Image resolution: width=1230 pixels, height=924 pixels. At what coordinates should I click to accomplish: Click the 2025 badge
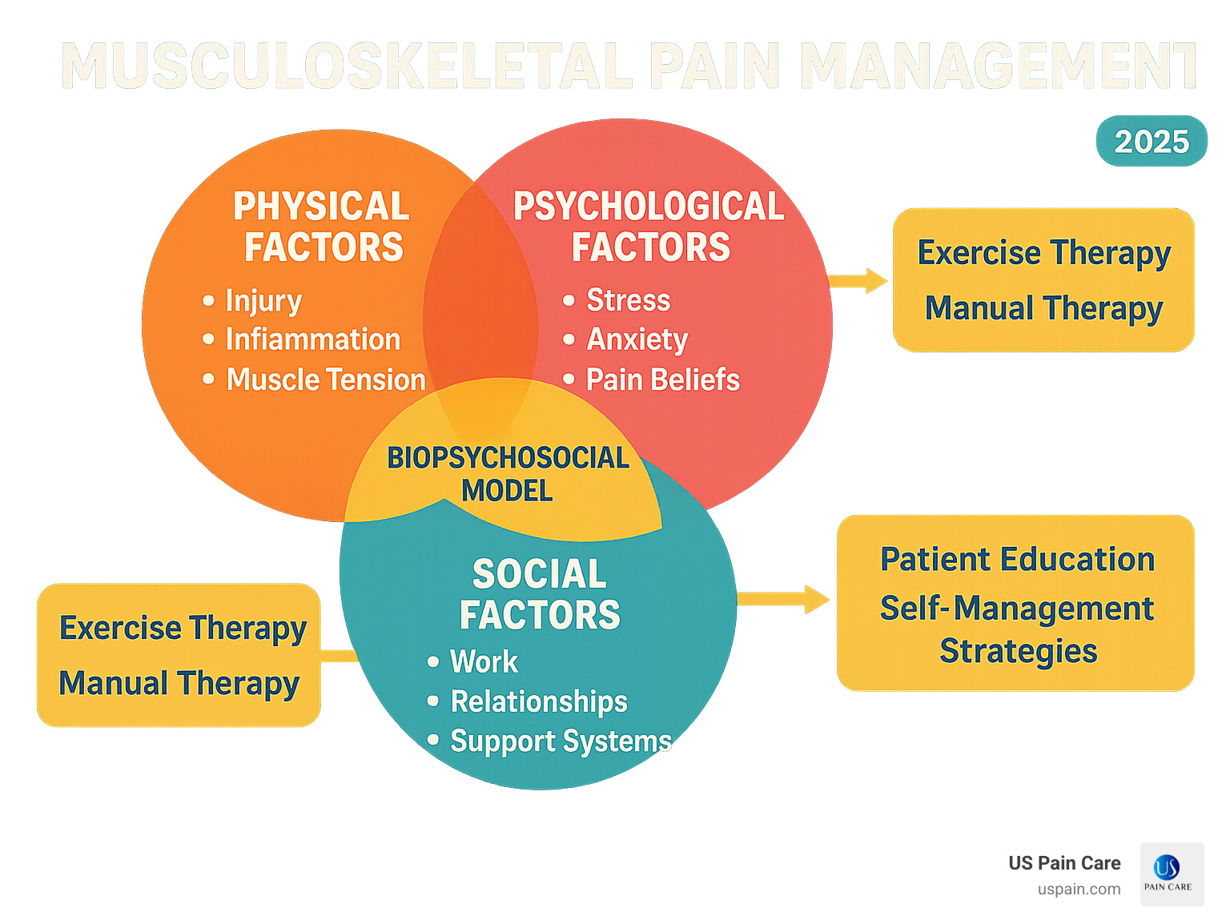click(1151, 142)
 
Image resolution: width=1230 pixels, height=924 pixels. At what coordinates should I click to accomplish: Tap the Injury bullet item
click(263, 300)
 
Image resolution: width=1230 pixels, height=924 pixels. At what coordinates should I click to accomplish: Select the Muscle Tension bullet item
click(325, 380)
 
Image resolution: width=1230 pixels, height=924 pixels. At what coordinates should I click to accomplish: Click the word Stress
click(628, 300)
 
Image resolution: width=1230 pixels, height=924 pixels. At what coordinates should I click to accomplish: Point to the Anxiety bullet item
click(637, 339)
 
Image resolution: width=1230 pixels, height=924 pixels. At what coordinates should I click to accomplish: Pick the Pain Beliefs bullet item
click(662, 380)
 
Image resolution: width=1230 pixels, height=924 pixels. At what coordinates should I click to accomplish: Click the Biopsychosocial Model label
click(508, 474)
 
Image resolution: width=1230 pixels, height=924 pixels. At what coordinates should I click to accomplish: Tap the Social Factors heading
click(540, 594)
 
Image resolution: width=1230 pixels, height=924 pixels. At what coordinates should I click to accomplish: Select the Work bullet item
click(484, 662)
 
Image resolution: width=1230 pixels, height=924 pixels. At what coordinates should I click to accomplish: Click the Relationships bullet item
click(538, 701)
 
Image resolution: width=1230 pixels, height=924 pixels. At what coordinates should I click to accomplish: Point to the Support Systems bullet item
click(561, 741)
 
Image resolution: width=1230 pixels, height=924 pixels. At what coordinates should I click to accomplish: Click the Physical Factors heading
click(322, 227)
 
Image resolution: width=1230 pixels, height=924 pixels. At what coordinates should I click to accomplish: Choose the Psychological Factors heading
click(649, 227)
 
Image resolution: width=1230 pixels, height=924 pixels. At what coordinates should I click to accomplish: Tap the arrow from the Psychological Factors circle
click(858, 281)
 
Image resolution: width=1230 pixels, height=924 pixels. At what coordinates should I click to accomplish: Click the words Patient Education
click(1017, 560)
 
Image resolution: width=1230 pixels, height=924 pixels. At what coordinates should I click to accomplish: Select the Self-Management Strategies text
click(1017, 630)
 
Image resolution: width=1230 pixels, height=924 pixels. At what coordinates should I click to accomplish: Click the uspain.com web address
click(1079, 889)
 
